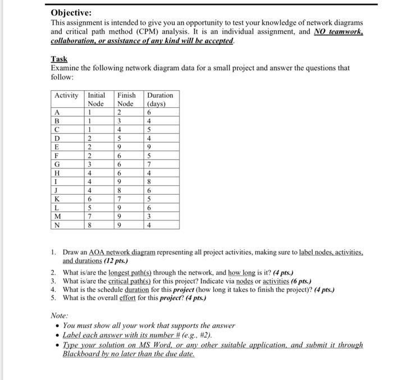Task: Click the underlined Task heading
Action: (59, 58)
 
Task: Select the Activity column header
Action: (66, 95)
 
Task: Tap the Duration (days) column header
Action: (159, 99)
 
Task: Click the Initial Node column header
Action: (97, 99)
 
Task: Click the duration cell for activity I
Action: (148, 182)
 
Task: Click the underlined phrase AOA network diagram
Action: (120, 253)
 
